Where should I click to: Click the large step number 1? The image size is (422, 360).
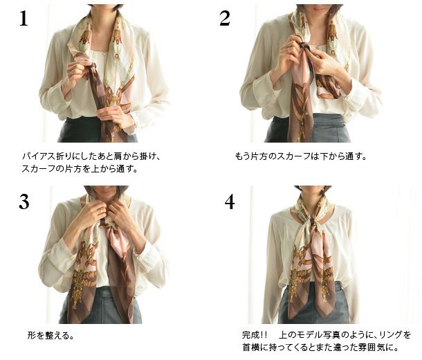pos(24,19)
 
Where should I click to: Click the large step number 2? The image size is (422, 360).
pos(225,18)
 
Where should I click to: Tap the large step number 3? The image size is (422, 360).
pos(24,202)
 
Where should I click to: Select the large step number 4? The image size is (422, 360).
pos(230,201)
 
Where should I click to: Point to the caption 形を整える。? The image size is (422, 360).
pos(51,336)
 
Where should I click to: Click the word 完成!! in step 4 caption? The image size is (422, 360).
pos(255,335)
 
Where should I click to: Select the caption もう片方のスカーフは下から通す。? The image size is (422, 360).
pos(301,156)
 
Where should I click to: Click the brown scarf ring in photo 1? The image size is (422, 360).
pos(93,66)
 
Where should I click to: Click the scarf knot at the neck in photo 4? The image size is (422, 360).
pos(313,222)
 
